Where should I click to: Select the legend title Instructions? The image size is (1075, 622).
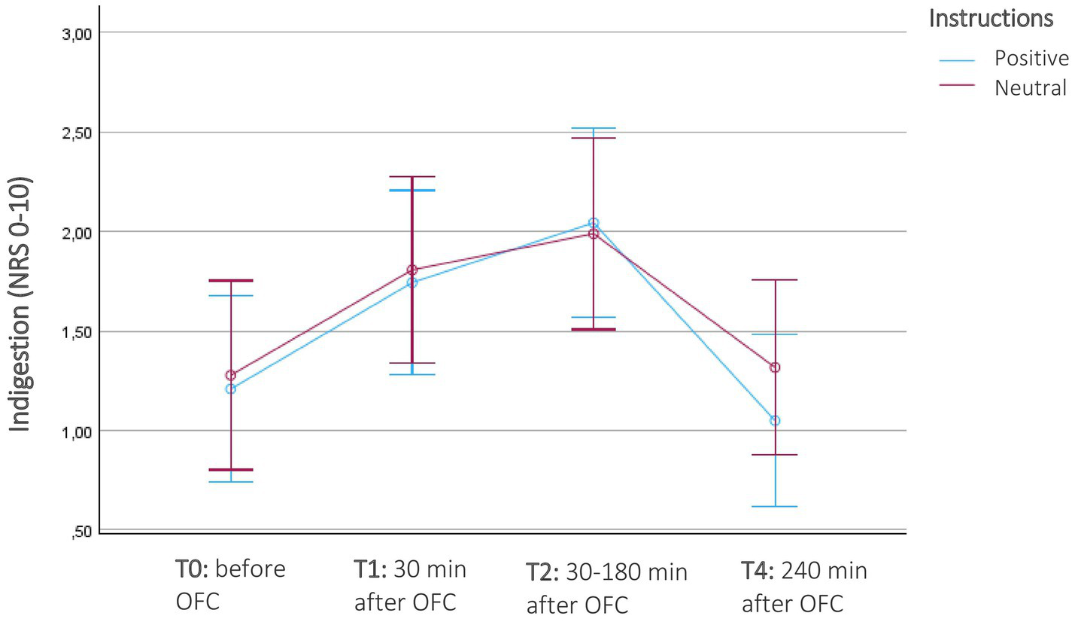(991, 18)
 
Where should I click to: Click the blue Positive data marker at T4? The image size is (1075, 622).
(775, 420)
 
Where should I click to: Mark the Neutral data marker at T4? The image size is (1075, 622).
(775, 367)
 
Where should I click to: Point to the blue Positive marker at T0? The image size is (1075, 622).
(231, 389)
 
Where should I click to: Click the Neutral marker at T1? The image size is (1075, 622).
(412, 270)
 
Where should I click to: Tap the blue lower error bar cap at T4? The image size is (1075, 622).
(775, 507)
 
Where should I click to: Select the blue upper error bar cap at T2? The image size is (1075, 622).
(594, 129)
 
